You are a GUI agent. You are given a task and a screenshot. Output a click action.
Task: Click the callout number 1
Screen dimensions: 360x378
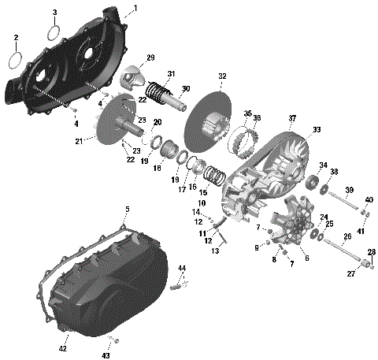click(x=135, y=8)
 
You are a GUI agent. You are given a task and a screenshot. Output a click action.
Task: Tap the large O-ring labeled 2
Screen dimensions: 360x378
click(x=15, y=60)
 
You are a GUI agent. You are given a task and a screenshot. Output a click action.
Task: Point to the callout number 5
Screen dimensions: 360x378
click(x=126, y=209)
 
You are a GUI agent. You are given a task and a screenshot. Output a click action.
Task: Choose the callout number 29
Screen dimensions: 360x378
click(x=150, y=58)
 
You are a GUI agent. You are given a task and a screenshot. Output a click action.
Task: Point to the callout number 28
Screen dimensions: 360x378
click(x=372, y=252)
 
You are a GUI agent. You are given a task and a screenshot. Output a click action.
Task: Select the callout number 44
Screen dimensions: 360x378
click(x=182, y=269)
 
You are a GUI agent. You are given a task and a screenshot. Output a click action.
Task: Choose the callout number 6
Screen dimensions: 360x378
click(x=306, y=258)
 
